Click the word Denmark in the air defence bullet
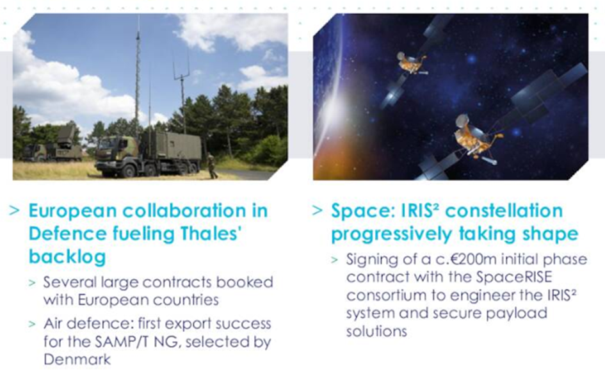pyautogui.click(x=77, y=359)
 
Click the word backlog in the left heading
pyautogui.click(x=67, y=257)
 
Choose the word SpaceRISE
pyautogui.click(x=514, y=277)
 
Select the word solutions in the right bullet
pyautogui.click(x=376, y=331)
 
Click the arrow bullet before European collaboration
pyautogui.click(x=14, y=211)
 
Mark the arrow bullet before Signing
pyautogui.click(x=335, y=259)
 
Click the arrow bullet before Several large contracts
pyautogui.click(x=32, y=283)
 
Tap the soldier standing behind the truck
pyautogui.click(x=212, y=166)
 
